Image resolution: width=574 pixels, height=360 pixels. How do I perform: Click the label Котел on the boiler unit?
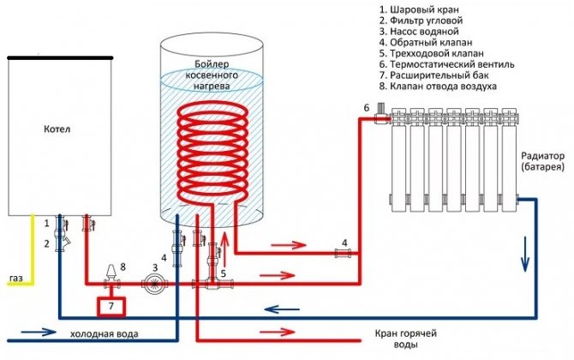coord(58,130)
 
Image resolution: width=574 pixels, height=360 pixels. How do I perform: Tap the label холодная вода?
coord(96,333)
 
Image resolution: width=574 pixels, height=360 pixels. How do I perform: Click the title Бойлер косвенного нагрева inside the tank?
coord(212,75)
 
